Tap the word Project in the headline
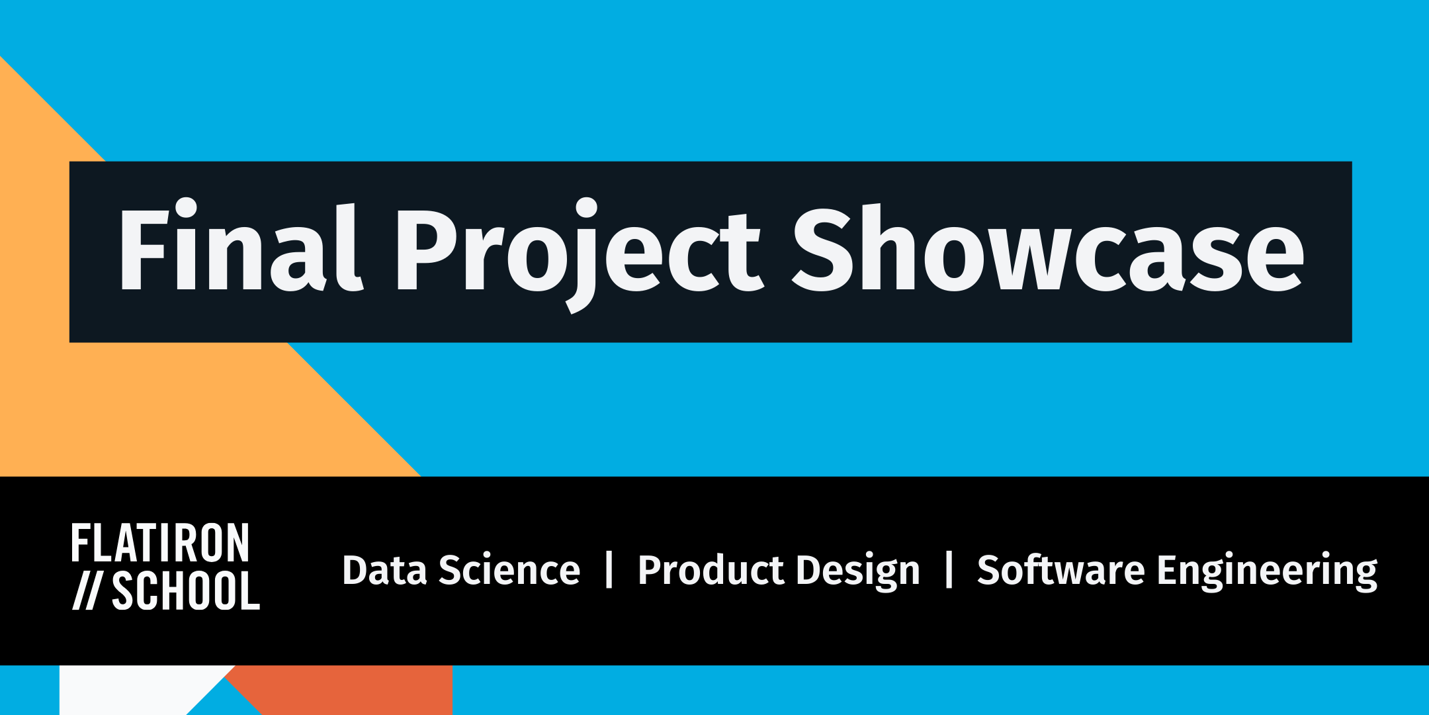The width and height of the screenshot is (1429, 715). click(579, 252)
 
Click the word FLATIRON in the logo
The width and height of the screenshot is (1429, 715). click(160, 544)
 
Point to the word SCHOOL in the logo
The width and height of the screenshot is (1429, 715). click(186, 591)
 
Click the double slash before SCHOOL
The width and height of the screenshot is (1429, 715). click(86, 591)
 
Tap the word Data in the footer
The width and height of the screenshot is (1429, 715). click(384, 570)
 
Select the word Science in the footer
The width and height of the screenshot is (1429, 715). click(509, 570)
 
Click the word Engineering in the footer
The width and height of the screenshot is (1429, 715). click(1266, 571)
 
